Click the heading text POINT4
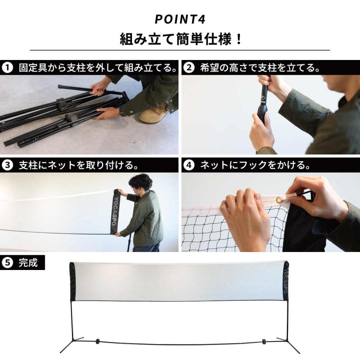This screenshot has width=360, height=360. (x=180, y=20)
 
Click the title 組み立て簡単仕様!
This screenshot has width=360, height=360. (x=180, y=39)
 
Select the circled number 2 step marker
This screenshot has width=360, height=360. (x=188, y=68)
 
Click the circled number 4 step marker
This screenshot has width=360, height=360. (x=188, y=165)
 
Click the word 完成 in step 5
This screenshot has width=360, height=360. (x=28, y=263)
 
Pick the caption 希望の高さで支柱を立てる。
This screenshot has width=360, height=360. (x=260, y=68)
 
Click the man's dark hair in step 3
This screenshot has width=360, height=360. (x=140, y=182)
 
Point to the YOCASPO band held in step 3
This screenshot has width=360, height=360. (x=116, y=211)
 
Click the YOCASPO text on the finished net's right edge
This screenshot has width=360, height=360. (x=285, y=280)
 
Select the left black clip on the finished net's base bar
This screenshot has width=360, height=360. (x=97, y=341)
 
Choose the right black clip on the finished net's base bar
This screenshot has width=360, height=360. (x=264, y=341)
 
